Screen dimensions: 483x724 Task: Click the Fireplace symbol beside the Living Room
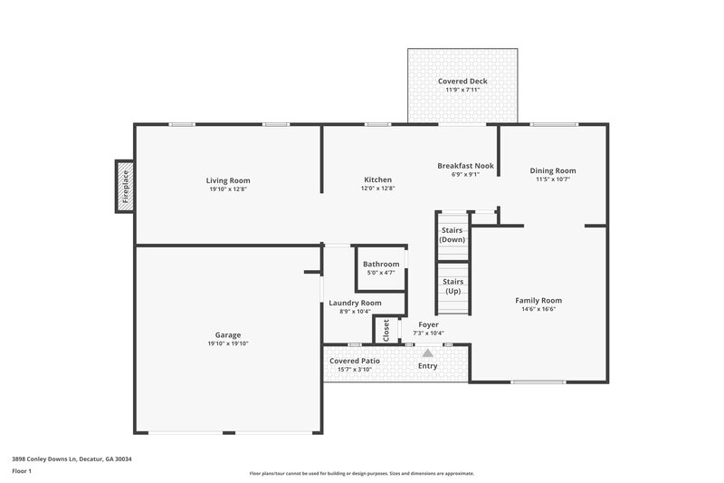125,187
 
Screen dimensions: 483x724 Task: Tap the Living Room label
228,180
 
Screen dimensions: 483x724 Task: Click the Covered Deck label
462,81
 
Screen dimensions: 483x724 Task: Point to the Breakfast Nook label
465,166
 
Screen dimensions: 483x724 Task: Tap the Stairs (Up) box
452,286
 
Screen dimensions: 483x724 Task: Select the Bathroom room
380,267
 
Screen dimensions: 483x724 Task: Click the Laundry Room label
354,303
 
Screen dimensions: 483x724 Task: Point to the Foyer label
428,324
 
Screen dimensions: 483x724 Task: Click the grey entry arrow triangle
428,352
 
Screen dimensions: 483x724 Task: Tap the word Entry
427,366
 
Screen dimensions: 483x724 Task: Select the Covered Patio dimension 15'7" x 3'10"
355,370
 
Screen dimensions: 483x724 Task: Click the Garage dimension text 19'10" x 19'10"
228,343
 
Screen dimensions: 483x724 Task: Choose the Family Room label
538,300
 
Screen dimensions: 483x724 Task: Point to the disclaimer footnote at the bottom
362,473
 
